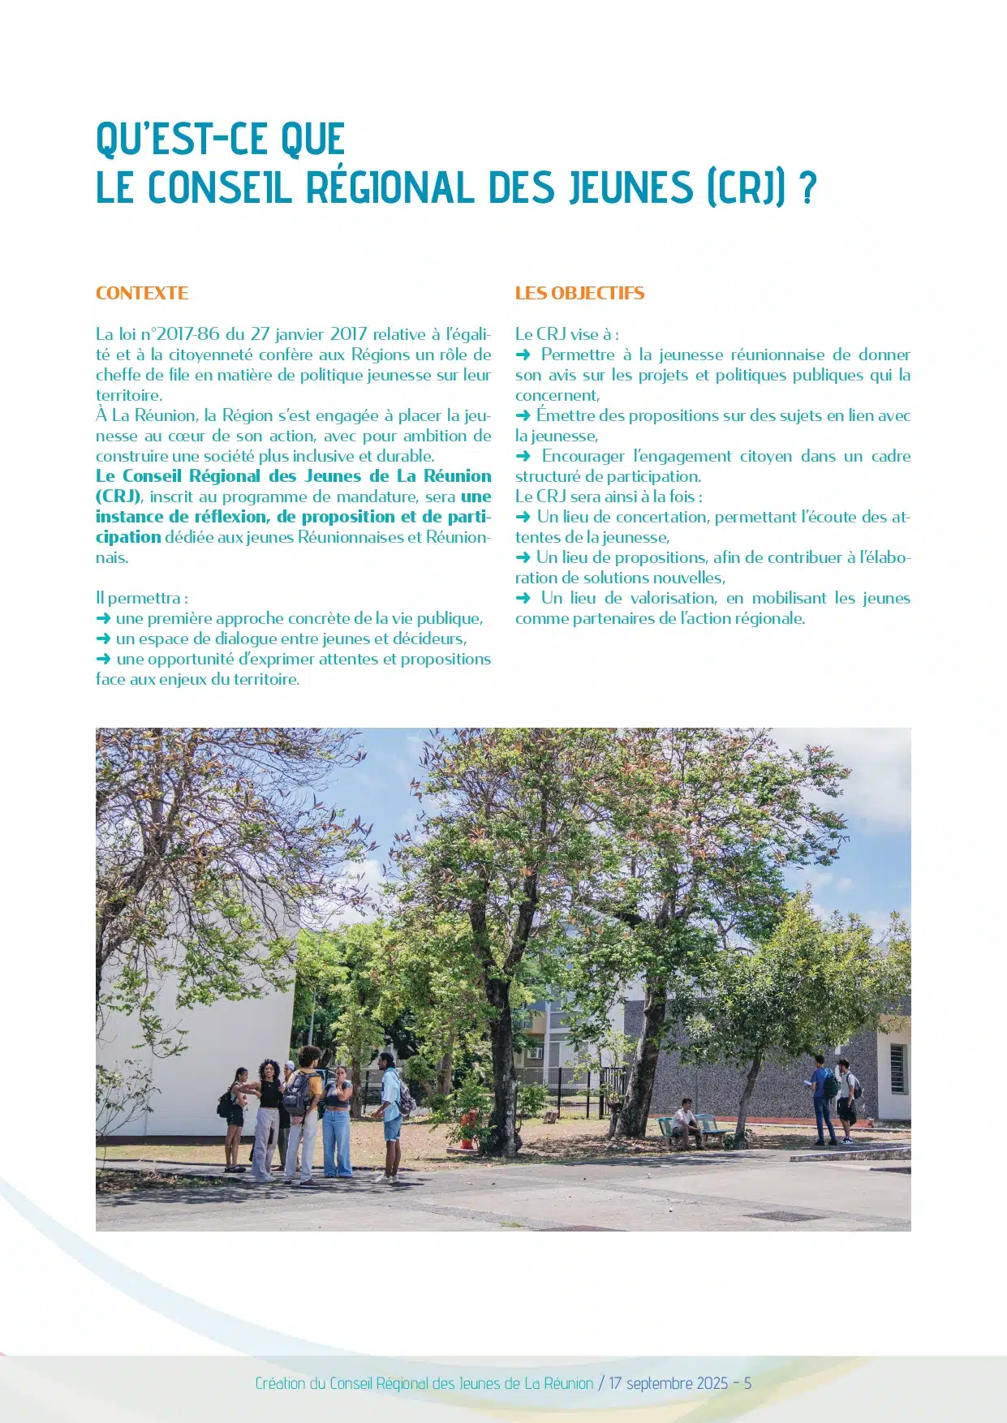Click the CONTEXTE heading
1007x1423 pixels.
tap(142, 294)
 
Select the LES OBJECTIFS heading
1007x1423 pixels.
tap(579, 294)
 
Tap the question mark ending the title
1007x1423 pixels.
tap(807, 187)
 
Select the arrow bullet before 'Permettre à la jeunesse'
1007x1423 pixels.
tap(523, 355)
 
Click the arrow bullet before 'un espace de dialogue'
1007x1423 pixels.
tap(103, 639)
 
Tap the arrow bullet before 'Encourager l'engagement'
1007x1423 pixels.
tap(523, 456)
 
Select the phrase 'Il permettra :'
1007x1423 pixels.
tap(142, 598)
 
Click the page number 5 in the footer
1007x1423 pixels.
tap(747, 1383)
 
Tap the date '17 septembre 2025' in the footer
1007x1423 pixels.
tap(668, 1383)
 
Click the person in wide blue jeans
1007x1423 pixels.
tap(338, 1124)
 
